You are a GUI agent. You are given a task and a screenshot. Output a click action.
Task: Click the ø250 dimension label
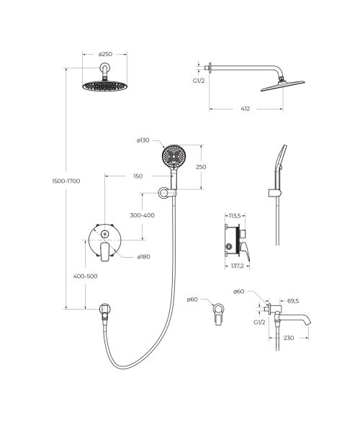click(105, 54)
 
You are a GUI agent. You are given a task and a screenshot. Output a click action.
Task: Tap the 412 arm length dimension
click(246, 109)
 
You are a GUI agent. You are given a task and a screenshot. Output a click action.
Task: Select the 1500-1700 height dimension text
click(66, 181)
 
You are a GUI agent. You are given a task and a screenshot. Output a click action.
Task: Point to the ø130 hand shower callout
click(143, 140)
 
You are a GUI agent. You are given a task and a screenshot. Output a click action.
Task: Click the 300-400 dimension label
click(142, 215)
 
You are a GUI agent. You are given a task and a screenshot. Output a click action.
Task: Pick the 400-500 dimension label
click(85, 276)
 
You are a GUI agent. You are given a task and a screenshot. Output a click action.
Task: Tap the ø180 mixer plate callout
click(143, 257)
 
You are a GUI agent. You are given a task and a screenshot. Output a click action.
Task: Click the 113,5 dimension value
click(235, 216)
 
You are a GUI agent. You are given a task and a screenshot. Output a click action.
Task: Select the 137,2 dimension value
click(238, 266)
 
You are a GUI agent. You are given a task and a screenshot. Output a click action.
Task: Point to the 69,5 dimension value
click(293, 301)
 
